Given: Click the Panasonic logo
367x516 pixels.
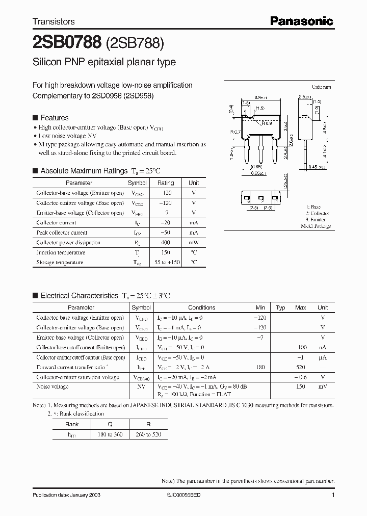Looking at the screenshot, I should [x=301, y=21].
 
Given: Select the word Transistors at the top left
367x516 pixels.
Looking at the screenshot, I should [x=54, y=21].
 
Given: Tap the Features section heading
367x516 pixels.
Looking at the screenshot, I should [x=54, y=118].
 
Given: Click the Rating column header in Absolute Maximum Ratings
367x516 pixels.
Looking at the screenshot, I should [x=166, y=183].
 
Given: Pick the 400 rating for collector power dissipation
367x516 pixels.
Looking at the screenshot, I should [x=166, y=243].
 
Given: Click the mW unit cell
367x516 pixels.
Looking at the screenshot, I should [x=194, y=243].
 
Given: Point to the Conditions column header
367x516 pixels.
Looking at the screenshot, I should [x=201, y=307].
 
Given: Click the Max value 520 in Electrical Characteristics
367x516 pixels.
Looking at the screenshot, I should [x=300, y=367].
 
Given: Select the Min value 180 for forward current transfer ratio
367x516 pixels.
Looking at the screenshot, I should [x=260, y=367].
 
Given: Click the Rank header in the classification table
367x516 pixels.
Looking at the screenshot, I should [x=72, y=424].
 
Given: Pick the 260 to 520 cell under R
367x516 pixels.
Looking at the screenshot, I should [x=147, y=434].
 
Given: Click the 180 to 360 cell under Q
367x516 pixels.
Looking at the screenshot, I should [x=107, y=434].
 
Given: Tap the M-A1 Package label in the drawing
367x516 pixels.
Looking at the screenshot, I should [x=316, y=226].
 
